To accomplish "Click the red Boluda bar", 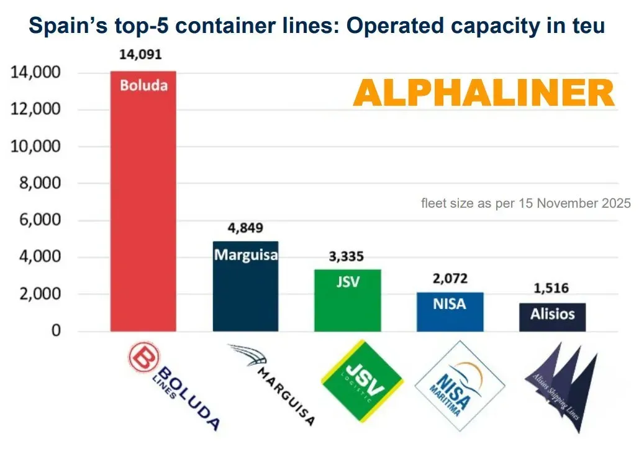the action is point(143,201).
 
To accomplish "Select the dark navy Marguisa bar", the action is point(246,286).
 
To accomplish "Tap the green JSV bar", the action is point(348,300).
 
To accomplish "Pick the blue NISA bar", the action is point(450,312).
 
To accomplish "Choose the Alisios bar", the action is point(552,317).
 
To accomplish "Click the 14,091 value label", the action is point(140,54).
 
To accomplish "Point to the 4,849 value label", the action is point(245,228).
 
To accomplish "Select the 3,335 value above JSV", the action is point(347,256).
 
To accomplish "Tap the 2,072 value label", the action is point(450,279).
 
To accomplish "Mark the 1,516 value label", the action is point(551,288).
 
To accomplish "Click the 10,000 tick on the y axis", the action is point(35,146).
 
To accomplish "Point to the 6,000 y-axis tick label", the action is point(40,220).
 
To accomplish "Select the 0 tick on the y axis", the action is point(56,330).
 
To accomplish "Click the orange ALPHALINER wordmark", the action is point(484,93).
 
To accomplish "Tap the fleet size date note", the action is point(526,203).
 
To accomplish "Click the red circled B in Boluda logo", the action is point(144,357).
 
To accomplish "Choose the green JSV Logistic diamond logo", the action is point(362,381).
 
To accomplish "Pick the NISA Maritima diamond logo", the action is point(460,386).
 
